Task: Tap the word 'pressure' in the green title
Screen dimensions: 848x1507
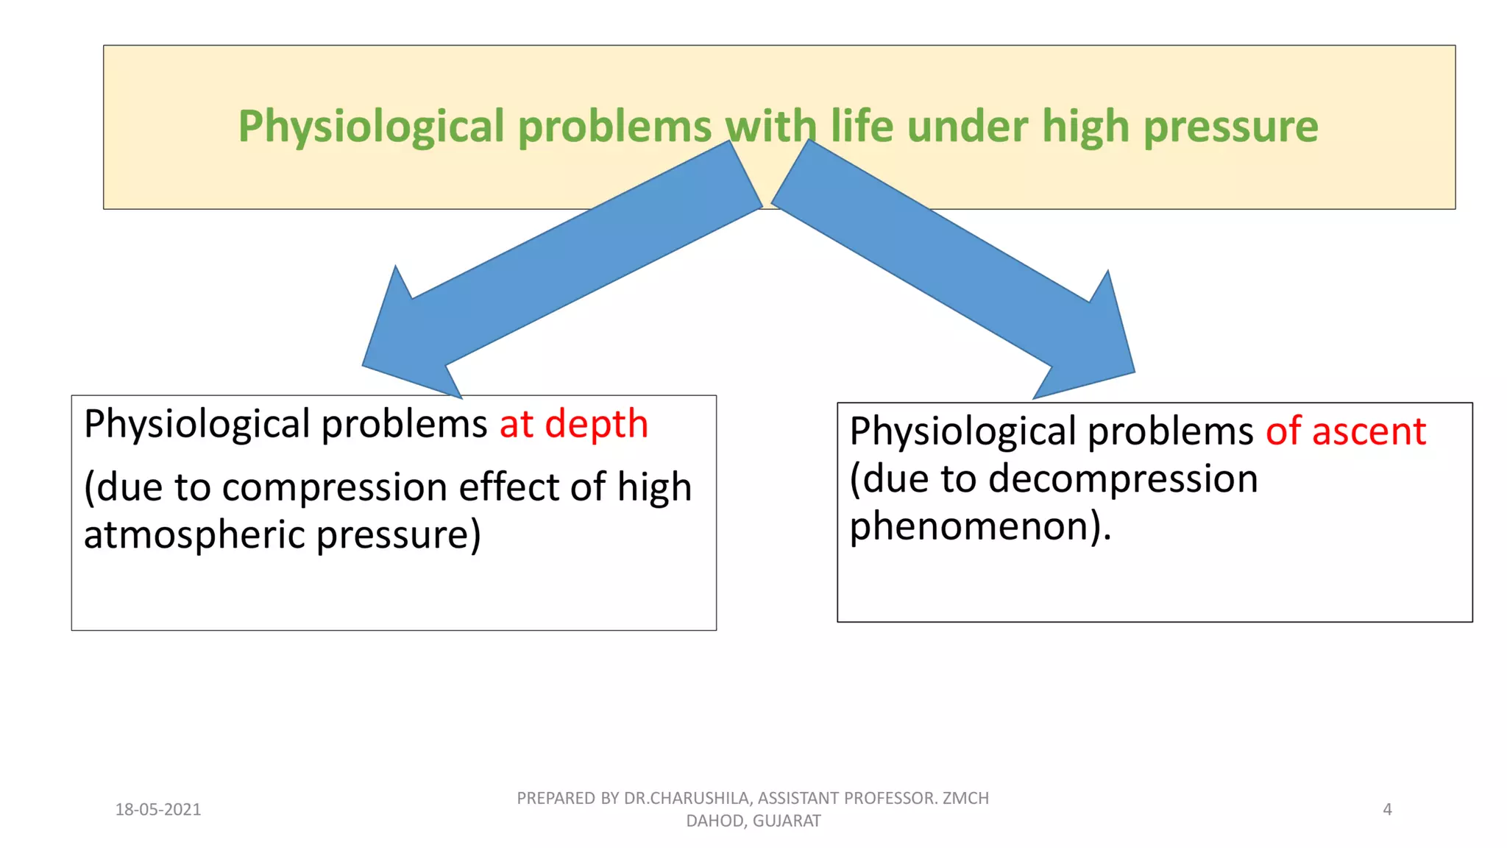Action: tap(1230, 127)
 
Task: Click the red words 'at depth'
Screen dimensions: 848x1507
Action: tap(574, 424)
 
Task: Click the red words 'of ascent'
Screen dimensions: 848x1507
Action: tap(1345, 431)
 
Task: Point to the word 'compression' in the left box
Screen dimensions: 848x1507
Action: tap(335, 487)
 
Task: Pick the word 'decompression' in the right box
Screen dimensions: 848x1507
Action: tap(1122, 479)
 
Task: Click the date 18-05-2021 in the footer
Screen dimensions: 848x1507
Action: tap(158, 810)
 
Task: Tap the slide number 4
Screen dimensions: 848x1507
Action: tap(1387, 810)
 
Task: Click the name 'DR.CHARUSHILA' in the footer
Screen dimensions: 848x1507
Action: tap(687, 799)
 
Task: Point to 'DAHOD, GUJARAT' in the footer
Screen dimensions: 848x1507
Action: tap(753, 821)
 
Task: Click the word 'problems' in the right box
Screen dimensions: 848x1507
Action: tap(1170, 431)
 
